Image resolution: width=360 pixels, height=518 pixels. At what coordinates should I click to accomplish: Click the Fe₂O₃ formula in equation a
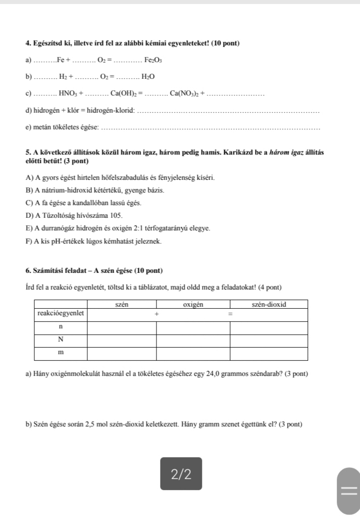[152, 61]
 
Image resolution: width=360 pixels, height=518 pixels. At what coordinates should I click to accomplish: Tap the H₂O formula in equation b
[148, 77]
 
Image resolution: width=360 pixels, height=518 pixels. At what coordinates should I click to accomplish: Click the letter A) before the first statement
[29, 178]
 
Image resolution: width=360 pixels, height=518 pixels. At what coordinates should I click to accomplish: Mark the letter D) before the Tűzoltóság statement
[29, 216]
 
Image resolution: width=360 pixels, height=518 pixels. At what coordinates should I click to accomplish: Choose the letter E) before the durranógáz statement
[29, 228]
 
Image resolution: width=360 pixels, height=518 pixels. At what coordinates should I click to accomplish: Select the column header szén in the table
[122, 304]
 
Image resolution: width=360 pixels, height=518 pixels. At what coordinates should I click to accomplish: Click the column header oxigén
[193, 304]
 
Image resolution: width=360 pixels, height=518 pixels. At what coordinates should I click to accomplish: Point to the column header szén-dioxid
[269, 304]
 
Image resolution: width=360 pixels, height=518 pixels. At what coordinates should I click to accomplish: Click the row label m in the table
[61, 352]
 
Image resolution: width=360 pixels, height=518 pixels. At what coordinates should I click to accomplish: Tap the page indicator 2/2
[181, 474]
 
